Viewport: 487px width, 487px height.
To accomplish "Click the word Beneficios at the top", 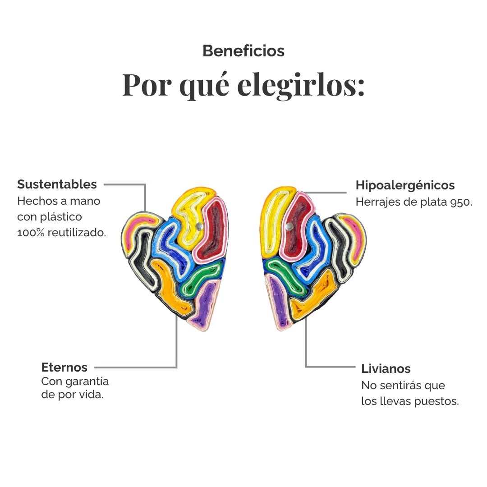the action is (x=243, y=51).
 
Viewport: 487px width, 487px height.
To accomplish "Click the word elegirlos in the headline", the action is (x=301, y=85).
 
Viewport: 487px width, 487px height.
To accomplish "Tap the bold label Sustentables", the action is (x=57, y=184).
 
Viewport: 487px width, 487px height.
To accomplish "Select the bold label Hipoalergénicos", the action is (x=405, y=185).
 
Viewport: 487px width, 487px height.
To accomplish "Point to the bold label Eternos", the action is (x=64, y=367).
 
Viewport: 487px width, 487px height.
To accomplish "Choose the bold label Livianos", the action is (x=386, y=369).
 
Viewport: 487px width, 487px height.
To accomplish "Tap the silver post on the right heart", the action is (x=289, y=226).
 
